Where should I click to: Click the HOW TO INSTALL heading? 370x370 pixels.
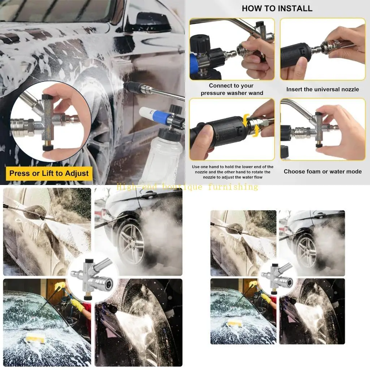point(277,8)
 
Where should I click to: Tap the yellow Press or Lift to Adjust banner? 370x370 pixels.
point(49,173)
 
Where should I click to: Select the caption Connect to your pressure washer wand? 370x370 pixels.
point(232,89)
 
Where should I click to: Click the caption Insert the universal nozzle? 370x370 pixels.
point(322,89)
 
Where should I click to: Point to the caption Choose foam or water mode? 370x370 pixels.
point(322,172)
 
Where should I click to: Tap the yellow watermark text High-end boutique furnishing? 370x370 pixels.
point(187,187)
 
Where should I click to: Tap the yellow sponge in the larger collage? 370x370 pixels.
point(35,339)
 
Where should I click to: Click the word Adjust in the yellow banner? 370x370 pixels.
point(77,173)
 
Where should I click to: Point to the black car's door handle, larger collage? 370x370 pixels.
point(149,195)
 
